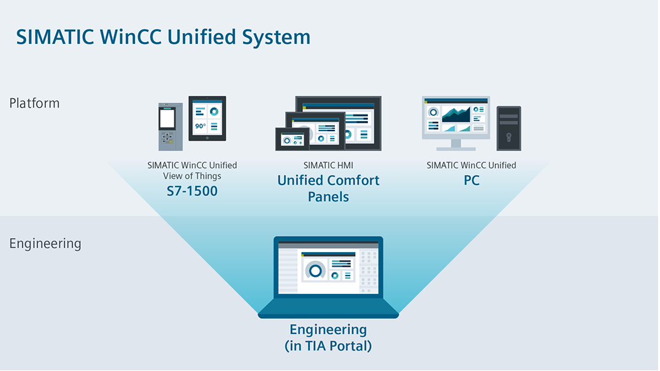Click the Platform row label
pos(34,103)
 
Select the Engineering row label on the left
pos(45,243)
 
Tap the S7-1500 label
pos(192,190)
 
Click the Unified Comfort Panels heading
pos(328,188)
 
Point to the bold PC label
pos(472,180)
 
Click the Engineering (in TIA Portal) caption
pos(328,338)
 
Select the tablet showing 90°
pos(207,118)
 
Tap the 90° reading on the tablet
pos(200,126)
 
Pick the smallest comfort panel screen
pos(292,139)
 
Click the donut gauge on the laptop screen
pos(314,270)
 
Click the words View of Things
pos(192,176)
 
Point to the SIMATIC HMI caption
pos(328,165)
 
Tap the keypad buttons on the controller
pos(167,138)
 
